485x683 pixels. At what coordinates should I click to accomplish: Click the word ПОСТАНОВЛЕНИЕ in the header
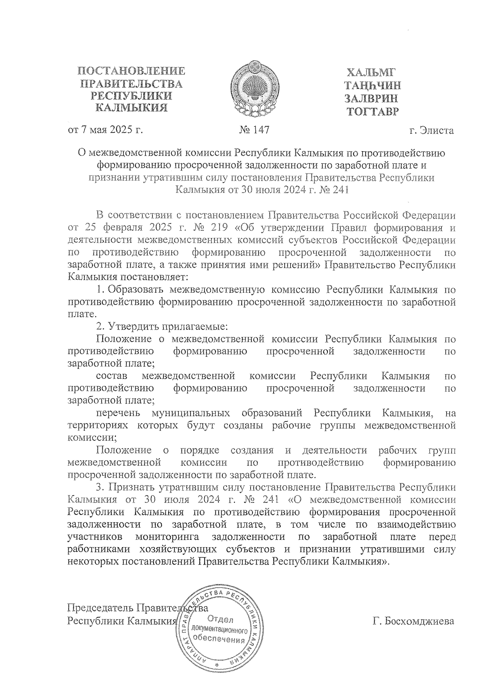pyautogui.click(x=132, y=72)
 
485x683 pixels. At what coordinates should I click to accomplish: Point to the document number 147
pyautogui.click(x=260, y=130)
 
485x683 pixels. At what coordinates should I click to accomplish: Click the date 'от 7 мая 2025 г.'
pyautogui.click(x=105, y=130)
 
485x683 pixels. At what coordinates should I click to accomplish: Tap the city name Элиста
pyautogui.click(x=437, y=131)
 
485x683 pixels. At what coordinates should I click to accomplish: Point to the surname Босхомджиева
pyautogui.click(x=413, y=621)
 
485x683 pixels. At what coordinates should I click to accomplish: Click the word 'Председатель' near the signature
pyautogui.click(x=101, y=608)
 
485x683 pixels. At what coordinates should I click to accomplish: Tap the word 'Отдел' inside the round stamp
pyautogui.click(x=220, y=619)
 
